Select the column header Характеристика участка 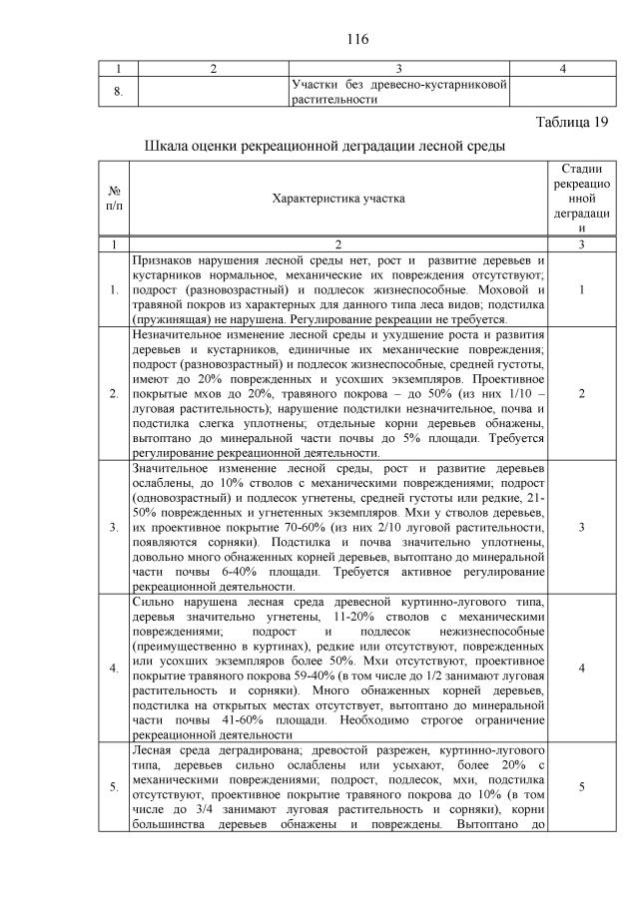click(338, 198)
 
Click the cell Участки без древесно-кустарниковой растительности click(398, 92)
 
